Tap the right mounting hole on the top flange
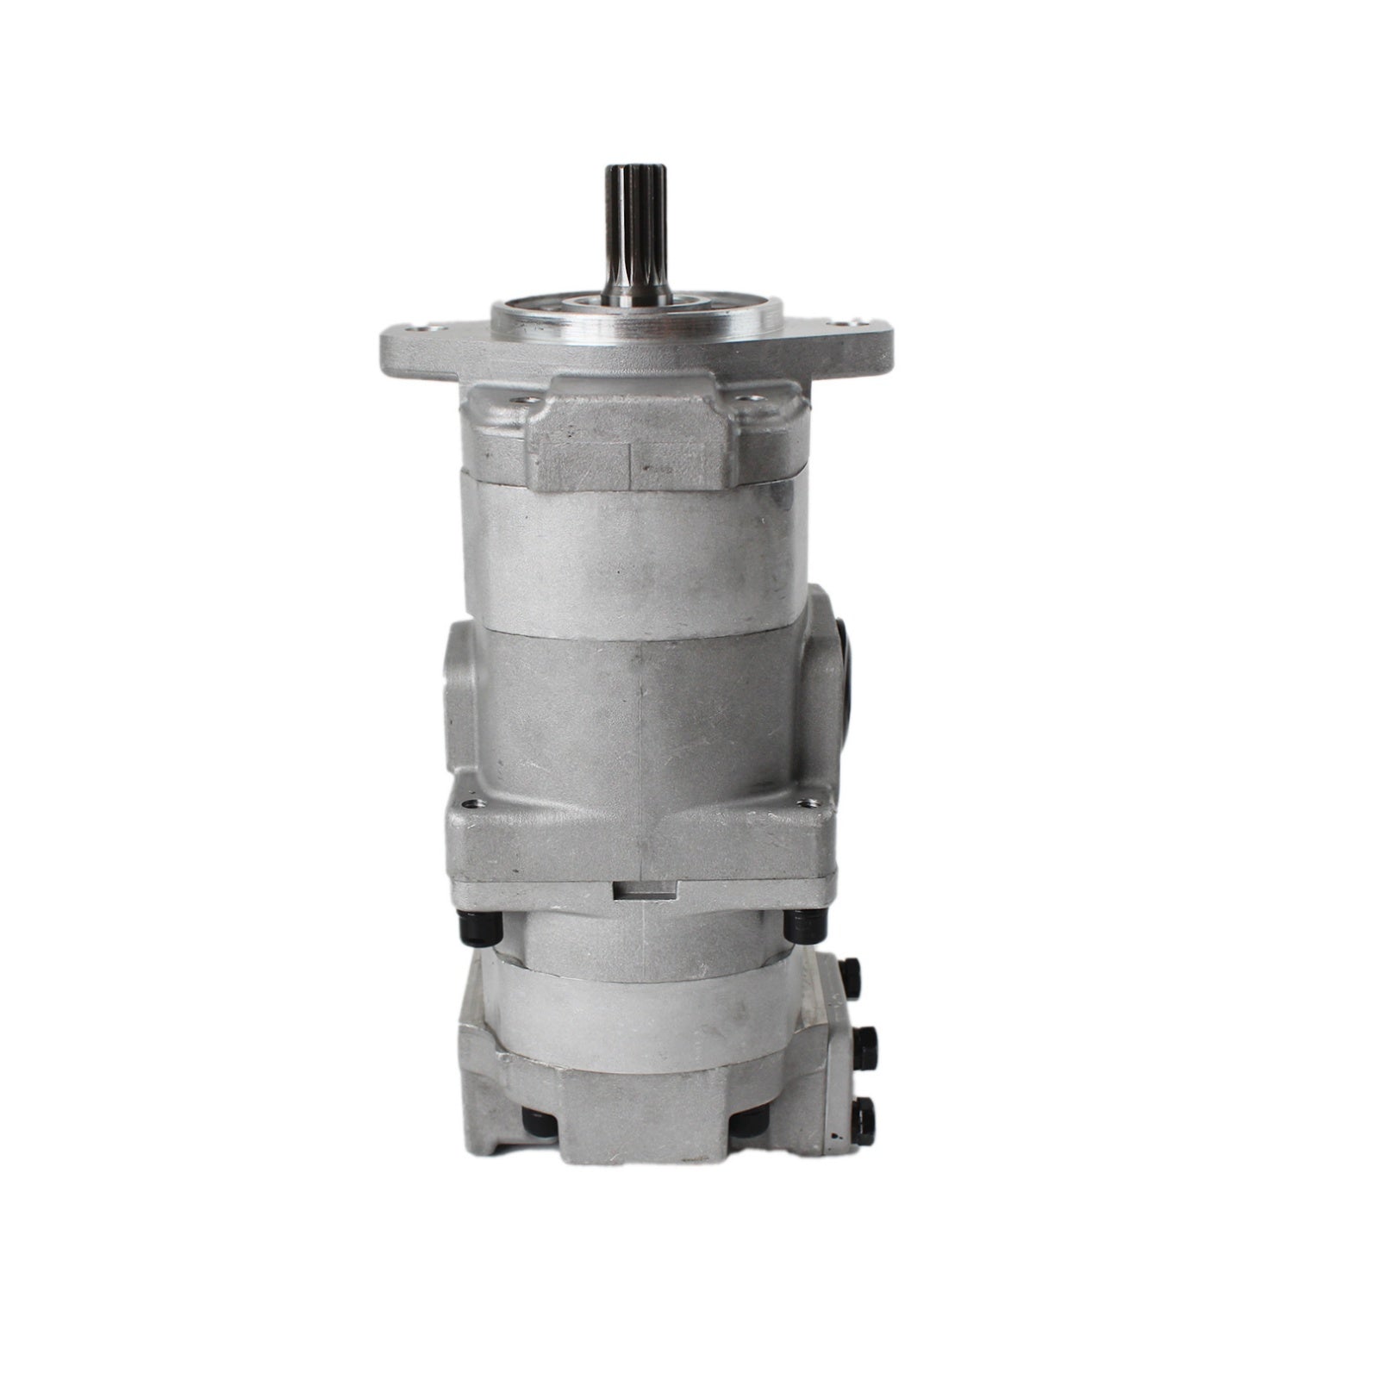click(835, 326)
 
